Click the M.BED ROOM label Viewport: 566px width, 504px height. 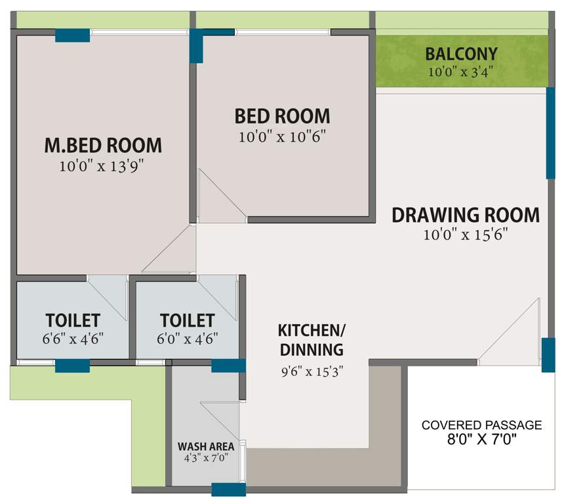click(x=102, y=144)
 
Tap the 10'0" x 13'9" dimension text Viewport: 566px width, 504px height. click(x=102, y=166)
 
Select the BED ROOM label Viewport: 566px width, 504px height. click(x=282, y=116)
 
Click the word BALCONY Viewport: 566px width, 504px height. click(x=461, y=54)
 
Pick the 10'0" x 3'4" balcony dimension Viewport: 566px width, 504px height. click(x=461, y=72)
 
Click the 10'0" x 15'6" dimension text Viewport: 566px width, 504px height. click(x=466, y=235)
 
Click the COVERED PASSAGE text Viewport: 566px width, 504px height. click(x=481, y=425)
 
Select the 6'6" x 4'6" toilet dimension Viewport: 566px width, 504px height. click(x=73, y=339)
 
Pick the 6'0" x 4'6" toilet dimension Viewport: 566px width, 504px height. click(x=188, y=339)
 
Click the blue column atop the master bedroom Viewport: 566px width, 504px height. click(x=72, y=35)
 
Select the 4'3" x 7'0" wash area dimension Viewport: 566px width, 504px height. click(x=206, y=458)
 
